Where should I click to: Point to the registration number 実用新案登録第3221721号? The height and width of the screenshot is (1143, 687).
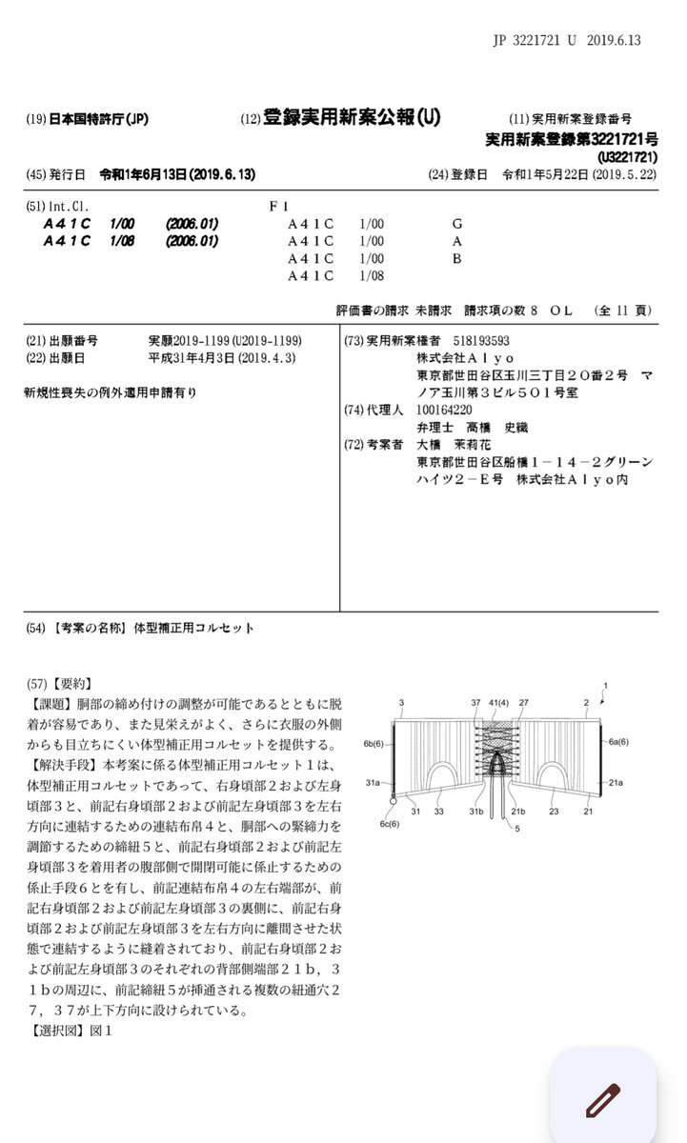[571, 139]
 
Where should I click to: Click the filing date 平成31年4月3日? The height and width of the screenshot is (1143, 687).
[195, 358]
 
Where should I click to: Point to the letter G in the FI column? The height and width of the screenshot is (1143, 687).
[457, 224]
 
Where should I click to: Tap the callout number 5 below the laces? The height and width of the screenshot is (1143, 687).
[518, 828]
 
